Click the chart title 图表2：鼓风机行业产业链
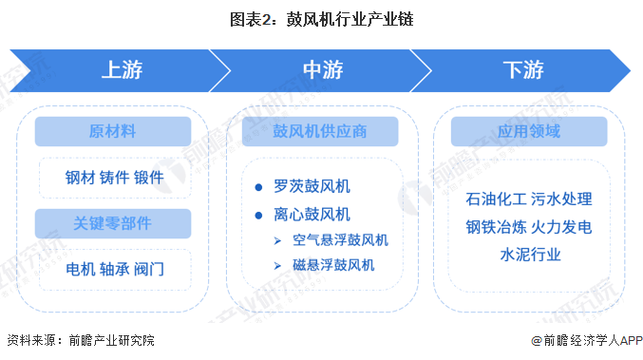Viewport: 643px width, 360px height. (x=321, y=18)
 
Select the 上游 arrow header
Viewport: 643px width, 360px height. (x=122, y=70)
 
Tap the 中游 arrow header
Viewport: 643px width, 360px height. (x=322, y=70)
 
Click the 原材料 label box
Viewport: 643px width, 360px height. (x=113, y=131)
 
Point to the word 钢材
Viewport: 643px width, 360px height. (x=79, y=178)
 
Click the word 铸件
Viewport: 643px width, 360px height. (x=114, y=178)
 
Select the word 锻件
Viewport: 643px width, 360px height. (x=148, y=178)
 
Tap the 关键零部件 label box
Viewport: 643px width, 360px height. (x=113, y=224)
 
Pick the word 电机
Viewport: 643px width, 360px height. (x=79, y=270)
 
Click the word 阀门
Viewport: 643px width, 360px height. (x=148, y=270)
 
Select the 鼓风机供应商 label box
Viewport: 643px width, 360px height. (x=319, y=131)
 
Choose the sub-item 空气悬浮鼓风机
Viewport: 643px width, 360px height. (x=340, y=239)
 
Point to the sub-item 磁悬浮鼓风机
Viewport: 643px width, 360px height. (x=333, y=265)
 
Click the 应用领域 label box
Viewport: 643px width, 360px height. (x=527, y=131)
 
